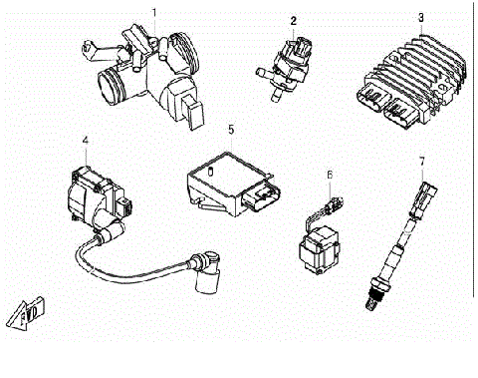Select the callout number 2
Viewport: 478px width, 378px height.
point(294,19)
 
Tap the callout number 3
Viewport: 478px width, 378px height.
point(421,17)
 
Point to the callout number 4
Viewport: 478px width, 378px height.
point(87,141)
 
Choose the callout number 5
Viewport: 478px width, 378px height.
point(231,130)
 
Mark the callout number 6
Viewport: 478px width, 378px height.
point(330,175)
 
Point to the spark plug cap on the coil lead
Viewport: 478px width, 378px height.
point(208,274)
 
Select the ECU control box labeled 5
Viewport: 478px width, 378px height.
point(224,180)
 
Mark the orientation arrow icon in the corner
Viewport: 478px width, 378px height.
point(26,311)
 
